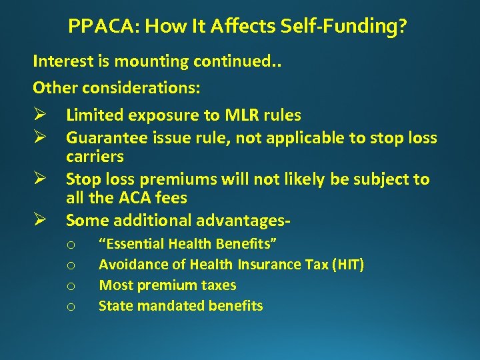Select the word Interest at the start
(x=61, y=61)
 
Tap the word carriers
(x=94, y=157)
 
